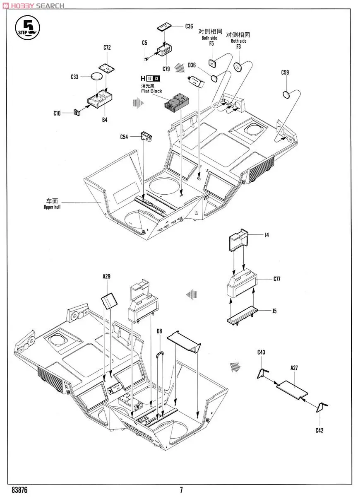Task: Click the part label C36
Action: pos(189,26)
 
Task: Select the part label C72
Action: pos(107,48)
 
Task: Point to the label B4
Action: pos(105,120)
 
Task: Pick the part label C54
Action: pos(124,137)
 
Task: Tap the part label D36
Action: pos(192,65)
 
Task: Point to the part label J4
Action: pos(267,235)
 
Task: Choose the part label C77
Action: pos(277,279)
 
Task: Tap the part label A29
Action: pos(107,276)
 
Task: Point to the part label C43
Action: pos(261,352)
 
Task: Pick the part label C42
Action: pos(319,430)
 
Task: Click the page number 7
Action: pos(181,490)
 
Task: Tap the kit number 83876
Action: pos(20,490)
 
